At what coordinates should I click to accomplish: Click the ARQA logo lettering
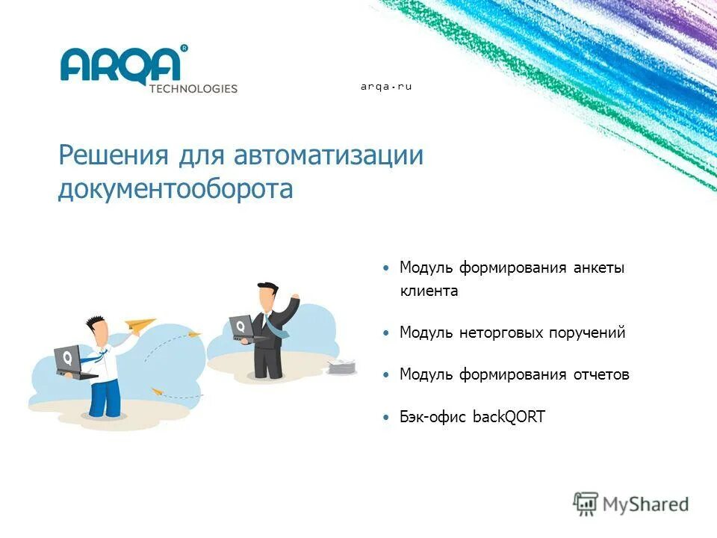[x=120, y=66]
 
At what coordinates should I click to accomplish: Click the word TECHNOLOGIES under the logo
[x=193, y=88]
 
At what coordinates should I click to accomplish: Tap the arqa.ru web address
[x=386, y=87]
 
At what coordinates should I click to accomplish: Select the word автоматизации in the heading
[x=329, y=156]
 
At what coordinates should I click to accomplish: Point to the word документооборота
[x=176, y=189]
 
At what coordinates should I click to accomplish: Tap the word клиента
[x=429, y=291]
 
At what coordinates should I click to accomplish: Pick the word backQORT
[x=509, y=417]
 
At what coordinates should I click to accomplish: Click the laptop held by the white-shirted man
[x=69, y=361]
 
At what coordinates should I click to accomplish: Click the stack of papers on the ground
[x=343, y=367]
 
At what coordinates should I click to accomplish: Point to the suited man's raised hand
[x=295, y=299]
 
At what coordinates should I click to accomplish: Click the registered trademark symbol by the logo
[x=184, y=49]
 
